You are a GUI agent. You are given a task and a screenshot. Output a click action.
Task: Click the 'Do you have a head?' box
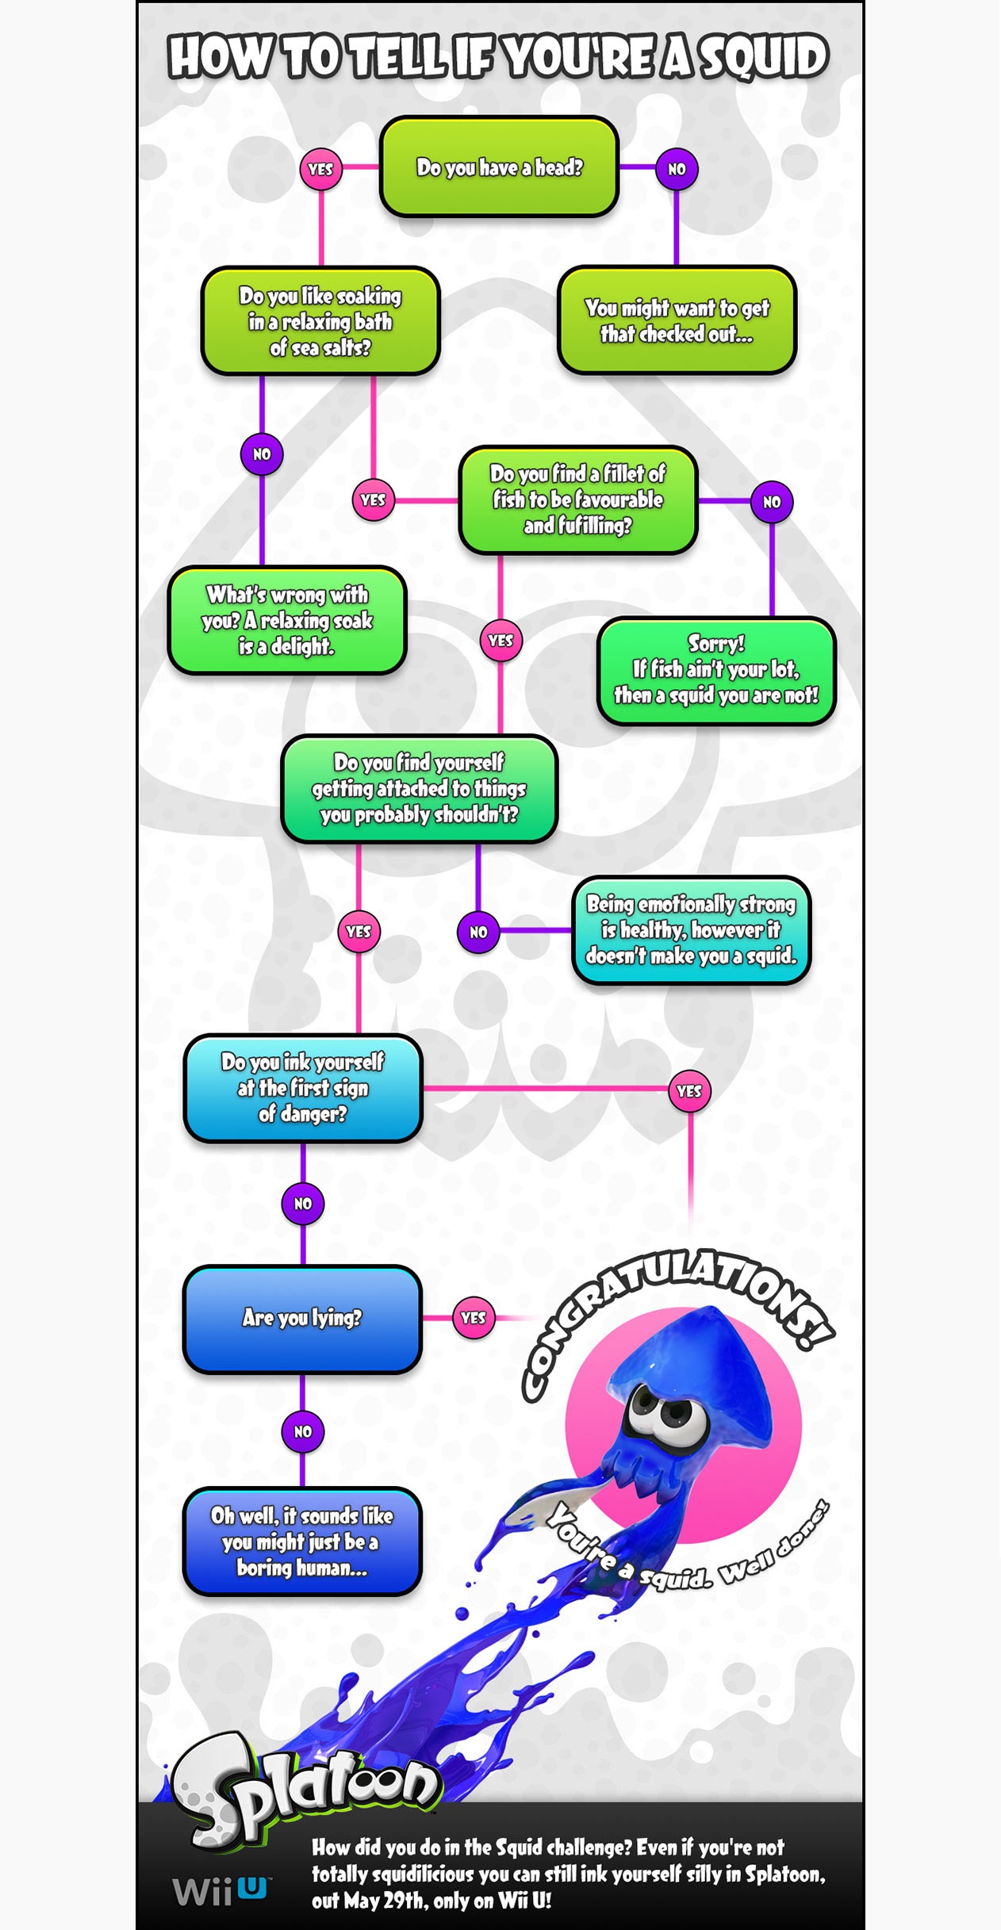pos(499,167)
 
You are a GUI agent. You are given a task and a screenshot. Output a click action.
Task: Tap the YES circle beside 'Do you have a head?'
pos(320,169)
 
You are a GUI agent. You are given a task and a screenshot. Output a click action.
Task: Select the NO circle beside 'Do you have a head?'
pos(677,169)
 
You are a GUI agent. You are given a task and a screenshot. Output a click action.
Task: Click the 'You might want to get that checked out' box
pos(677,320)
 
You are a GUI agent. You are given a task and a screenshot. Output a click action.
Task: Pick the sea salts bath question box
pos(320,320)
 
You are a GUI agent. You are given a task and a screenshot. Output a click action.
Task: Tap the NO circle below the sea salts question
pos(262,454)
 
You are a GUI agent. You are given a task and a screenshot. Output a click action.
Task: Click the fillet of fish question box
pos(577,500)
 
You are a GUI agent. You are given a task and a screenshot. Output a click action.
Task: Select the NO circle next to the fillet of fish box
pos(772,502)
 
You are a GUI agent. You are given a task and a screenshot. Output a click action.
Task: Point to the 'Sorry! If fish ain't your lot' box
pos(716,671)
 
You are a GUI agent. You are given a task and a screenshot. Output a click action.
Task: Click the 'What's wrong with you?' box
pos(287,620)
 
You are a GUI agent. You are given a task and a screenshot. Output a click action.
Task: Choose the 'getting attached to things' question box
pos(419,789)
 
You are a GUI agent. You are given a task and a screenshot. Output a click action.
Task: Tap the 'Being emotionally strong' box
pos(691,930)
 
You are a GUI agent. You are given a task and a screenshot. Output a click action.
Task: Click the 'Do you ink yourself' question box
pos(302,1088)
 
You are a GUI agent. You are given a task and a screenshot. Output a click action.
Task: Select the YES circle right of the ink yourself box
pos(689,1091)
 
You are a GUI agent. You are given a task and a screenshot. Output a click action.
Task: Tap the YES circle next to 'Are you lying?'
pos(473,1318)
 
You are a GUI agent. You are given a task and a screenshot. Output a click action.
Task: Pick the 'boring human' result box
pos(302,1541)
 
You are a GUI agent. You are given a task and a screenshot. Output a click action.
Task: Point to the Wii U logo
pos(221,1891)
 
